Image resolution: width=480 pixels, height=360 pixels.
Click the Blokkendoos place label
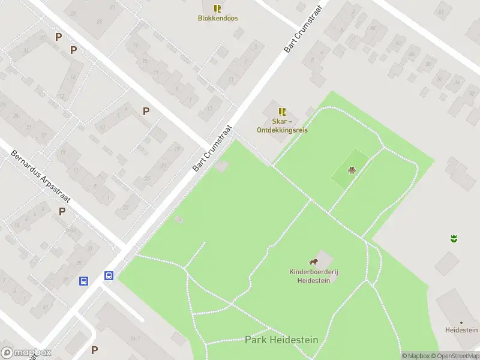218,18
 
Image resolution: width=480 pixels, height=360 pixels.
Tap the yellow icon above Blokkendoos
217,8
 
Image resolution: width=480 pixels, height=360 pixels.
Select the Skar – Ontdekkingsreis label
282,125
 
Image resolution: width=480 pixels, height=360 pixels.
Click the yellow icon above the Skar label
282,112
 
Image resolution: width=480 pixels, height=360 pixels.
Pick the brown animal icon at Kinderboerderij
313,262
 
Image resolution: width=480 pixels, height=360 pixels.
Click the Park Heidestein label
281,340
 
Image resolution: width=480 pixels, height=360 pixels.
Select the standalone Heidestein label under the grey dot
461,330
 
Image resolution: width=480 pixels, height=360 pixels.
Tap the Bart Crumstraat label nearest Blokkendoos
304,31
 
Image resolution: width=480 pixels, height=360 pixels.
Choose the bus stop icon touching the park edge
109,275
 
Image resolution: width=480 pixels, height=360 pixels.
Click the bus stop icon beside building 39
84,281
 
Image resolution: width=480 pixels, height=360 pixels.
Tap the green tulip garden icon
454,239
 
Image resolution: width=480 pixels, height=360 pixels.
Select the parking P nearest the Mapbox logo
94,350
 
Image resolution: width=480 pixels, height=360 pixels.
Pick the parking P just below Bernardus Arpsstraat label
62,211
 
